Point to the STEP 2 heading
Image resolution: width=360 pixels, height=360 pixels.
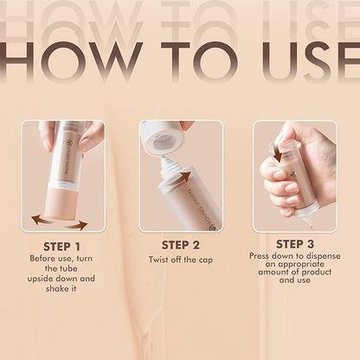pyautogui.click(x=180, y=246)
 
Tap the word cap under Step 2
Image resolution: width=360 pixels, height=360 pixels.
pyautogui.click(x=207, y=259)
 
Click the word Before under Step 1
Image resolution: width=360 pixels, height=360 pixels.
pyautogui.click(x=45, y=259)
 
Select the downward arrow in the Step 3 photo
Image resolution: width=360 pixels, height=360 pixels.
pyautogui.click(x=277, y=153)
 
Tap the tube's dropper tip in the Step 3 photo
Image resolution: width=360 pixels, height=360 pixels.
pyautogui.click(x=306, y=222)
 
